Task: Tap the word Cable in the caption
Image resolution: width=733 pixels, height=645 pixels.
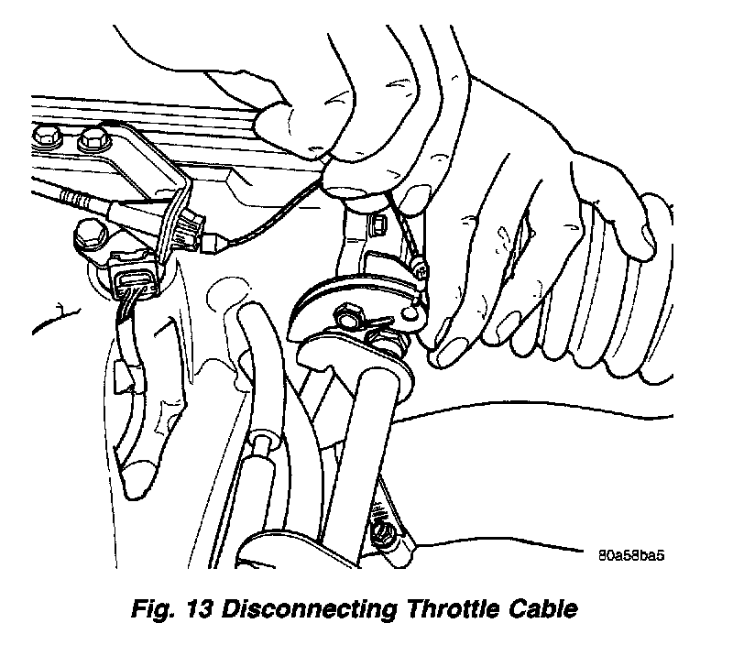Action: click(x=542, y=609)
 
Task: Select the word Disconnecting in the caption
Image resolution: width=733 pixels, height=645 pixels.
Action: click(x=309, y=610)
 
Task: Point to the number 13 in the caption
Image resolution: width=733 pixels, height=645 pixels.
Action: click(x=199, y=609)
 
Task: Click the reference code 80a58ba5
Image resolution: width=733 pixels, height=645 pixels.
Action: click(x=631, y=556)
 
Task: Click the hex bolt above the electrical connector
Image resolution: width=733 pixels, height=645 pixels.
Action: click(x=90, y=235)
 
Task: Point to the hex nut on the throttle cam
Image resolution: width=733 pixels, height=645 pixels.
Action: click(x=347, y=315)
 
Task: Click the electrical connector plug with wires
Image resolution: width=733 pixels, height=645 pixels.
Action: click(x=135, y=279)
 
